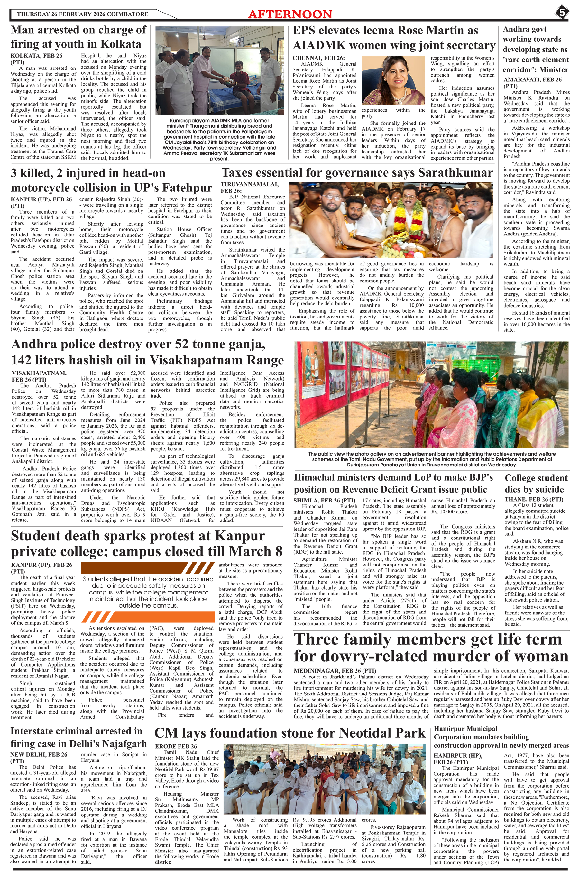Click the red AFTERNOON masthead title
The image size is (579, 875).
290,14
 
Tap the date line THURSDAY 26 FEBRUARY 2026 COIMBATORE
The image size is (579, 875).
82,14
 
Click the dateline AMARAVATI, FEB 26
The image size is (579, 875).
532,79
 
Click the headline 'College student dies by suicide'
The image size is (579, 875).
536,484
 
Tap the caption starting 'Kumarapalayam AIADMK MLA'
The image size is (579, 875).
220,139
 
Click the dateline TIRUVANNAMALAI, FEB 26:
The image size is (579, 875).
250,188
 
